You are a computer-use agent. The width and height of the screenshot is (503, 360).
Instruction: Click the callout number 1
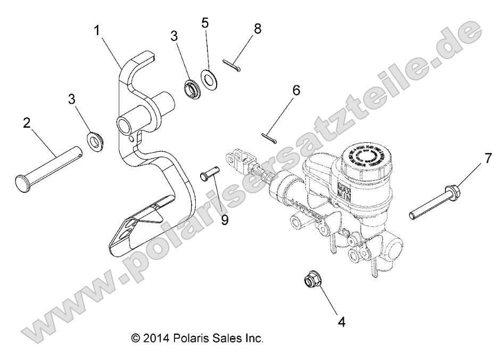tap(97, 31)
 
